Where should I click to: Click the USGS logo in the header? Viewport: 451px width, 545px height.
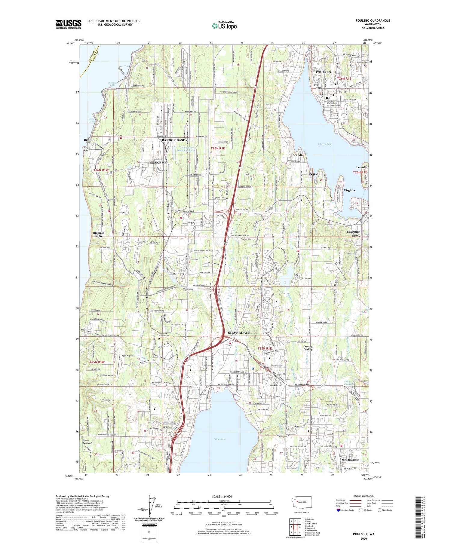coord(69,24)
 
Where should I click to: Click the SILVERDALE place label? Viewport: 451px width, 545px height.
coord(239,333)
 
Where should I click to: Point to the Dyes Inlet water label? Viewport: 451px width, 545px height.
coord(221,439)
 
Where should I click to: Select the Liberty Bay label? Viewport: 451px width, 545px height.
coord(324,144)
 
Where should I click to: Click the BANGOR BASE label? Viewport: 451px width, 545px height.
coord(173,140)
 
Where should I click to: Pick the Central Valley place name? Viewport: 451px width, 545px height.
coord(308,348)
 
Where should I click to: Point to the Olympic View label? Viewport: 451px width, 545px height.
coord(99,234)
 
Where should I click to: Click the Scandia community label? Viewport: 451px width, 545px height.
coord(298,155)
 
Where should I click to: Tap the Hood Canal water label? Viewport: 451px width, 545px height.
coord(92,121)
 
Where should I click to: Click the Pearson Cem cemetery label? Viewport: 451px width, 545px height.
coord(246,239)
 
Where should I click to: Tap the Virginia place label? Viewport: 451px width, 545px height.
coord(349,190)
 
